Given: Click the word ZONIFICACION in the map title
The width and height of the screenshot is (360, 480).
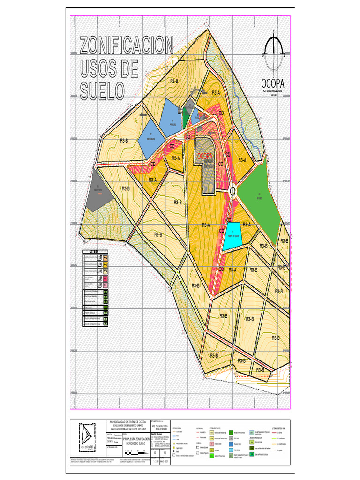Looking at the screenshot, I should [127, 47].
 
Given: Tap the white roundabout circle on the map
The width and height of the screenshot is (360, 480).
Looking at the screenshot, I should [232, 190].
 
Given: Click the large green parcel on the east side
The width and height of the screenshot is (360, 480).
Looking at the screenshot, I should [260, 195].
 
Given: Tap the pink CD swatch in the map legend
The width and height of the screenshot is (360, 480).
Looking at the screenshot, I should [106, 284].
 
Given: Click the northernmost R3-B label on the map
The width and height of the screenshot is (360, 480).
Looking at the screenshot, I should [174, 81].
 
